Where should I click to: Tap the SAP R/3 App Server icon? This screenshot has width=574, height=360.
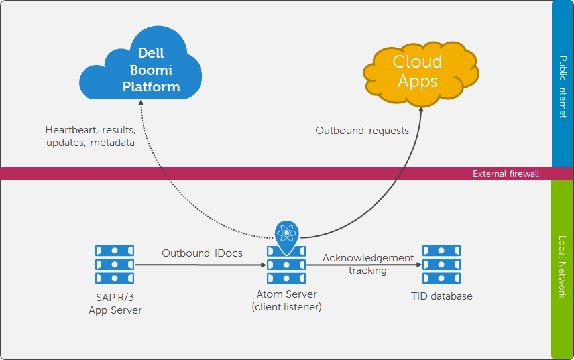tap(115, 264)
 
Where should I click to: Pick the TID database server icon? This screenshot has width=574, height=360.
tap(441, 264)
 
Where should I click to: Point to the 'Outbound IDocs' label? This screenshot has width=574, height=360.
tap(202, 253)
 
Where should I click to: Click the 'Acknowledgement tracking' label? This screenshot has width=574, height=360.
tap(368, 264)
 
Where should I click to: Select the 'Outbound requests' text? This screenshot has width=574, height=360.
tap(362, 131)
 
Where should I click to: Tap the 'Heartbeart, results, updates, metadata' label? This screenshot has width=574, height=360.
tap(90, 136)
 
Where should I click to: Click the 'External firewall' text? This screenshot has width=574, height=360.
tap(506, 174)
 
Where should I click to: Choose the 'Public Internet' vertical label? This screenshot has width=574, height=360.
tap(562, 86)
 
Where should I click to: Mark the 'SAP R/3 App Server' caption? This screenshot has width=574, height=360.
tap(115, 303)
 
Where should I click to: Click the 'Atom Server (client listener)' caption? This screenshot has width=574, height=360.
tap(286, 300)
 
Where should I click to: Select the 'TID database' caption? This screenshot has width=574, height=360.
tap(441, 296)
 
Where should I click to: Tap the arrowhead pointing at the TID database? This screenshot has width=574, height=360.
tap(418, 265)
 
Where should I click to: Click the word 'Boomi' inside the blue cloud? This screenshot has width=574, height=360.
tap(151, 70)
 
